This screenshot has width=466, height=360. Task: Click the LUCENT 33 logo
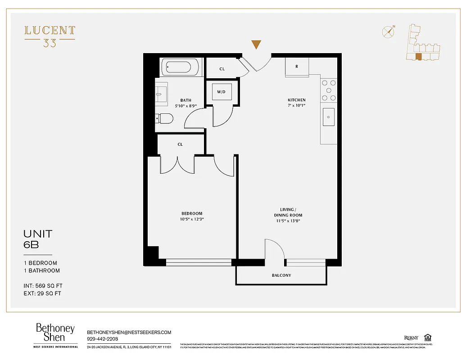pyautogui.click(x=50, y=36)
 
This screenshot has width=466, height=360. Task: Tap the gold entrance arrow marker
pyautogui.click(x=256, y=44)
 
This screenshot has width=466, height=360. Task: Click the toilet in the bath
pyautogui.click(x=165, y=119)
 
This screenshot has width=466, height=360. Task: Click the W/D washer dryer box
pyautogui.click(x=222, y=92)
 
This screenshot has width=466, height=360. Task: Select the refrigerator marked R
pyautogui.click(x=297, y=67)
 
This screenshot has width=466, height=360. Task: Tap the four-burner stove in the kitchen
pyautogui.click(x=328, y=90)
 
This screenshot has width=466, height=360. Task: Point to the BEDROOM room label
pyautogui.click(x=192, y=213)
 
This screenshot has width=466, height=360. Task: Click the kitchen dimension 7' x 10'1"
pyautogui.click(x=297, y=106)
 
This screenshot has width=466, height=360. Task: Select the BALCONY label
pyautogui.click(x=281, y=275)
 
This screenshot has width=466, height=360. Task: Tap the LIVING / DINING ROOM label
pyautogui.click(x=288, y=212)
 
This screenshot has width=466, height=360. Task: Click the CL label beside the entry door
pyautogui.click(x=222, y=69)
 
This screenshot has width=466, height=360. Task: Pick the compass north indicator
pyautogui.click(x=388, y=31)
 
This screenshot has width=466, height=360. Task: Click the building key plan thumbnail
pyautogui.click(x=421, y=44)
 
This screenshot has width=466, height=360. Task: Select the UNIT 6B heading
pyautogui.click(x=38, y=239)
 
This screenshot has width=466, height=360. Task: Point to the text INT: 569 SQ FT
pyautogui.click(x=43, y=285)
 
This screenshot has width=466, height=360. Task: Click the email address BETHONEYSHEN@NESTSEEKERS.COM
pyautogui.click(x=129, y=332)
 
